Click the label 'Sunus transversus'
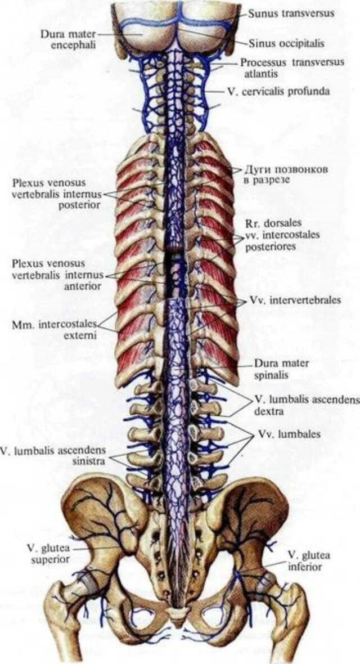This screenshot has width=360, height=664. (291, 13)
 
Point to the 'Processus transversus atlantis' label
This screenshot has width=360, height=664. (292, 68)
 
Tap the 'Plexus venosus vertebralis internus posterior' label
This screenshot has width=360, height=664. (56, 194)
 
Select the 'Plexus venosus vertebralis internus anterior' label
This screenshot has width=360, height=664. (56, 275)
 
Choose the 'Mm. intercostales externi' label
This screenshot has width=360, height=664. (54, 330)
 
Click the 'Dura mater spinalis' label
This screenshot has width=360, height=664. (281, 368)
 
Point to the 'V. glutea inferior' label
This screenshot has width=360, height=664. (308, 561)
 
